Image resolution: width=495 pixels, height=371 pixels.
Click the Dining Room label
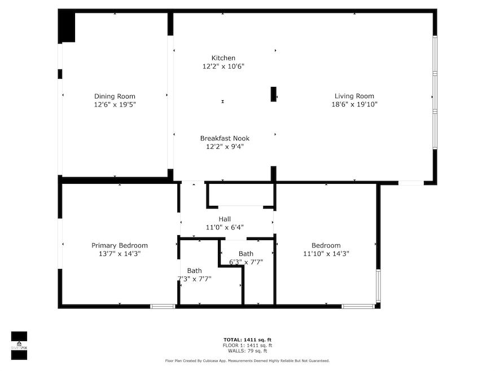pyautogui.click(x=115, y=96)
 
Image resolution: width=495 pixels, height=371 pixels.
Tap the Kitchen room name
pyautogui.click(x=223, y=58)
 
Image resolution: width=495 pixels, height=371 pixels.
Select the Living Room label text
pyautogui.click(x=354, y=96)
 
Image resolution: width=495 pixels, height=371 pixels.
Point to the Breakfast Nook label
pyautogui.click(x=224, y=139)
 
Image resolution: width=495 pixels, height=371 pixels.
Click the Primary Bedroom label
pyautogui.click(x=120, y=245)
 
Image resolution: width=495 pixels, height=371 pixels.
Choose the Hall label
pyautogui.click(x=225, y=219)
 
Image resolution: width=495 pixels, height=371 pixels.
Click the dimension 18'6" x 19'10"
pyautogui.click(x=354, y=104)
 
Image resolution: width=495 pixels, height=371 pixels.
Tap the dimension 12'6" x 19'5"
pyautogui.click(x=115, y=104)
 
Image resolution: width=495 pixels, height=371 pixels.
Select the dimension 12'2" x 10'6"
pyautogui.click(x=223, y=66)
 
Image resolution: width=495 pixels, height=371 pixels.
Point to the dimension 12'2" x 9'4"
pyautogui.click(x=224, y=147)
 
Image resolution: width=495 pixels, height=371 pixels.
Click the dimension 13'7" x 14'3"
pyautogui.click(x=120, y=254)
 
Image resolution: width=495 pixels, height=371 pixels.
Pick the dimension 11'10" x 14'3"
pyautogui.click(x=326, y=254)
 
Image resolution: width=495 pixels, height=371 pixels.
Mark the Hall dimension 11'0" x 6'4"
pyautogui.click(x=225, y=227)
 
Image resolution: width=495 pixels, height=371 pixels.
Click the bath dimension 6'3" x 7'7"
pyautogui.click(x=246, y=262)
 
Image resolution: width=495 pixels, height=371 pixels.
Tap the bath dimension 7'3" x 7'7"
pyautogui.click(x=195, y=279)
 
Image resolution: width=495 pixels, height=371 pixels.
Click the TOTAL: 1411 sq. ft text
pyautogui.click(x=248, y=339)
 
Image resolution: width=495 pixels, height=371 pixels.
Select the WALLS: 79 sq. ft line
pyautogui.click(x=248, y=350)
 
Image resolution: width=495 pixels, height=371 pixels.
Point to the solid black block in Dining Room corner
pyautogui.click(x=67, y=26)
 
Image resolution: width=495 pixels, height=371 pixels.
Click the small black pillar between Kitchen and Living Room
pyautogui.click(x=273, y=94)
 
